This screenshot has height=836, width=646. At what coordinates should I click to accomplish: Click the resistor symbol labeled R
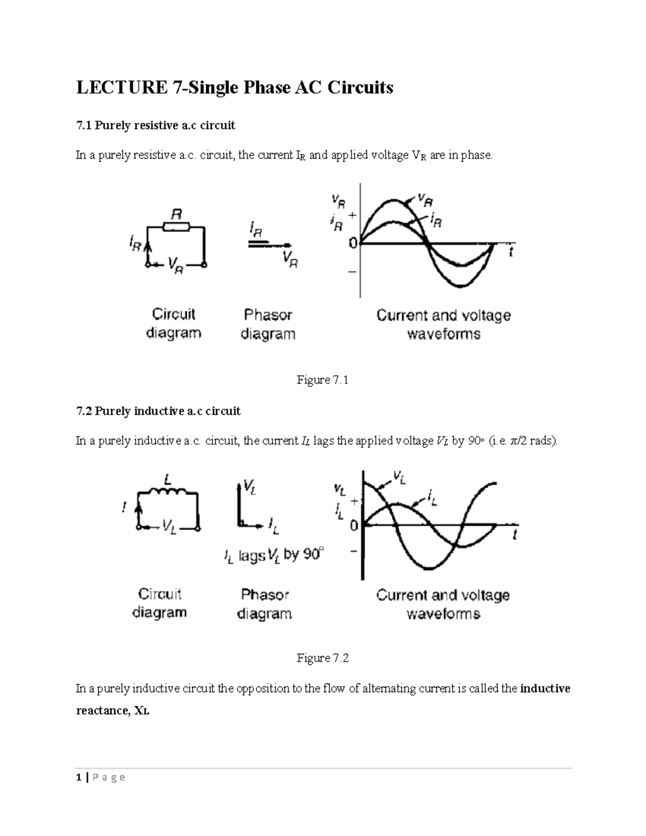tap(176, 227)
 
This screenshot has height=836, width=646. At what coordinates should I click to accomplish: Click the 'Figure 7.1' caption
tap(322, 381)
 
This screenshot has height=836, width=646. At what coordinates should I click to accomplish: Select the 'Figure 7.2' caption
tap(322, 658)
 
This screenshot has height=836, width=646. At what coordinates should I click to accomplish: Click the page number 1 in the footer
tap(79, 777)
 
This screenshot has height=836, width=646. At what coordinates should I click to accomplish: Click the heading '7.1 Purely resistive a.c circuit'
tap(156, 126)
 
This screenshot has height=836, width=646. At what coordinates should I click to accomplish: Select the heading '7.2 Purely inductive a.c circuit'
tap(158, 412)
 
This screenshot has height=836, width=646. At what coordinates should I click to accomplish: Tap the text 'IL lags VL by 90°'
tap(274, 555)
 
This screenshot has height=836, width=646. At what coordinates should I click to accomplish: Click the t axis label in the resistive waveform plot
tap(511, 252)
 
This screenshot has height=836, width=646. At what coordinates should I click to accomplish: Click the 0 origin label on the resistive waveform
tap(353, 244)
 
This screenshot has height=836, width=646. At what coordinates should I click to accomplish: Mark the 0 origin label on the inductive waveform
tap(354, 525)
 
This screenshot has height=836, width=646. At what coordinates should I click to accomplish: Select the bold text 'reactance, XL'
tap(113, 711)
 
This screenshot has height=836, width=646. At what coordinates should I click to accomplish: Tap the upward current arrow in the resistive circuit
tap(148, 251)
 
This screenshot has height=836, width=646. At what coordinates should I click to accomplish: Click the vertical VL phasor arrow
tap(238, 503)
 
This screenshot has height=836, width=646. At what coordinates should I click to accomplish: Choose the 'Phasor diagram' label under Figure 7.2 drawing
tap(264, 605)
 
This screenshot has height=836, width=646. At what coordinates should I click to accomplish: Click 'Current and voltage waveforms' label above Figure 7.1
tap(443, 325)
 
